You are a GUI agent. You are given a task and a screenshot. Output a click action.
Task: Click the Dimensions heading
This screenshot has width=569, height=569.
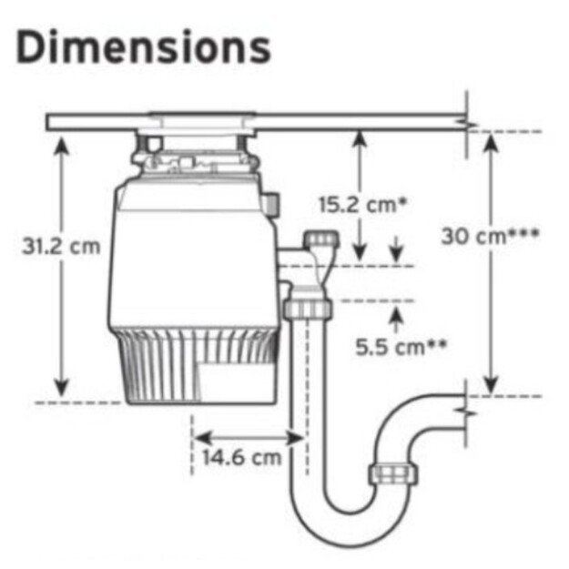[143, 47]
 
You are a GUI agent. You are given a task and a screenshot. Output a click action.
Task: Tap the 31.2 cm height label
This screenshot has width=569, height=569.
[61, 247]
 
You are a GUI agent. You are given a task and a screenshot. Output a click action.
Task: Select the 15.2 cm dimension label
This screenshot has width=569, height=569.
[363, 204]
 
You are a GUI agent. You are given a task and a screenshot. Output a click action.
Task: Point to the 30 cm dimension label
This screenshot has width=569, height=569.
[490, 236]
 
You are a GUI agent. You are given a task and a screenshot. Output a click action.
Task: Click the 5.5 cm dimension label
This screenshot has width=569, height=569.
[401, 347]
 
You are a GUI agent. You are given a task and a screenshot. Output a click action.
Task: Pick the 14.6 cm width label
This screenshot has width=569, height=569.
[241, 457]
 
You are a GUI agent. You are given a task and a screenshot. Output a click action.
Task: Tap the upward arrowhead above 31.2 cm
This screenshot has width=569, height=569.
[62, 145]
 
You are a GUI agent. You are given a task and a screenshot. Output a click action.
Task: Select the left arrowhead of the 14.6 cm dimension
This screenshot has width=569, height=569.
[202, 438]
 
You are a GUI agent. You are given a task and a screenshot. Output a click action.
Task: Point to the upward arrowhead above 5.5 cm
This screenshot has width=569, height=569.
[396, 314]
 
